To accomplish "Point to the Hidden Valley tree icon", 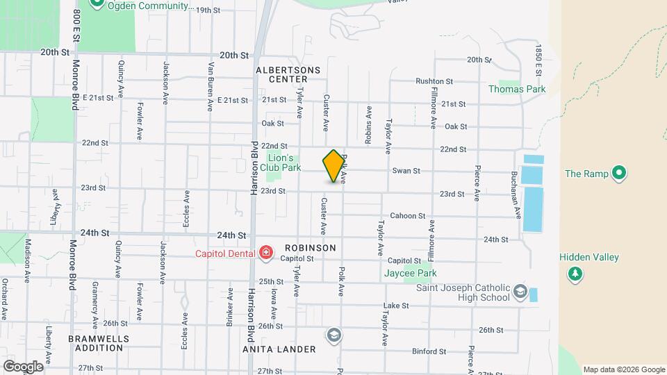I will point(575,275).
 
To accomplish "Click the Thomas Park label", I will point(517,89).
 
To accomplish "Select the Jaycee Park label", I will point(409,273).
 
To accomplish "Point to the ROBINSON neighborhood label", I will point(310,247).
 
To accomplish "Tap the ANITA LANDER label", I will point(279,349).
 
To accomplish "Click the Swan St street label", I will point(406,171).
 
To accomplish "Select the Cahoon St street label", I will point(407,216).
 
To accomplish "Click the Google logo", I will point(22,366).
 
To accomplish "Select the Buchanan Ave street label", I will point(516,196).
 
